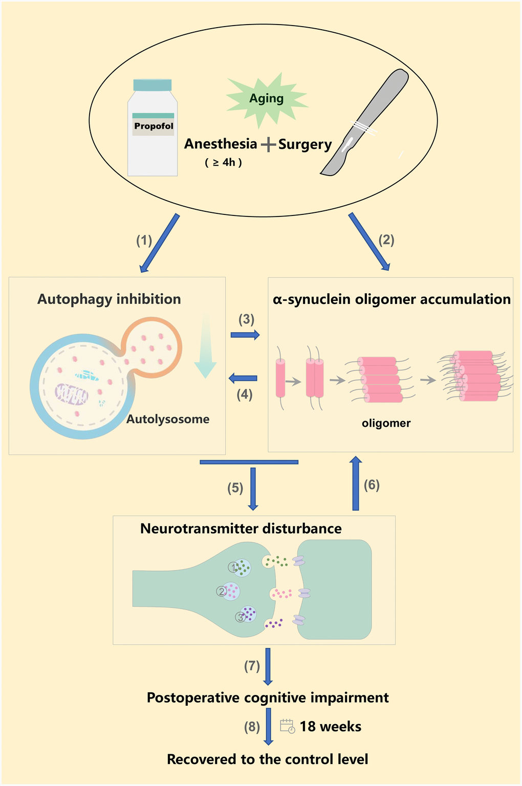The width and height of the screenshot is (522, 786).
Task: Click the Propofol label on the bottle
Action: point(154,126)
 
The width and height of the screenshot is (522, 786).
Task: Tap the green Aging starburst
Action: point(267,99)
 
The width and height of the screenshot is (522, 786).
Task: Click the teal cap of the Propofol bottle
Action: point(152,85)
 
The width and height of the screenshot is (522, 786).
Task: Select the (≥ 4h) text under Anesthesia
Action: point(223,163)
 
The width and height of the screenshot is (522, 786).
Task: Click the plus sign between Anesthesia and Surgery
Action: point(268,145)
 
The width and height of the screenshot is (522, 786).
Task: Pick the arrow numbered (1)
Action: point(160,243)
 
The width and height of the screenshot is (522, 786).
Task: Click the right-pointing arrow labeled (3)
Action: point(245,335)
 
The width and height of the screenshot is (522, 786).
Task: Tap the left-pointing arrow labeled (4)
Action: point(243,379)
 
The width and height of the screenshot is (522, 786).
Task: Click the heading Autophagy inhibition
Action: point(109,299)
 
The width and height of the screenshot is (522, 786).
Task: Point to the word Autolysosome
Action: point(168,420)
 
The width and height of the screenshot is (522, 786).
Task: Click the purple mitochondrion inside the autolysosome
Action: point(72,394)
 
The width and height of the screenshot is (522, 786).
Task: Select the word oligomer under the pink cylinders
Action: point(386,423)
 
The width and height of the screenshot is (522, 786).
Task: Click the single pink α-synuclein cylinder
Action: point(280,379)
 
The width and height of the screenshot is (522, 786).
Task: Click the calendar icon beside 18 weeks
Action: point(287,726)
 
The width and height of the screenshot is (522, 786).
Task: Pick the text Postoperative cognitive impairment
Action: point(268,698)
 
